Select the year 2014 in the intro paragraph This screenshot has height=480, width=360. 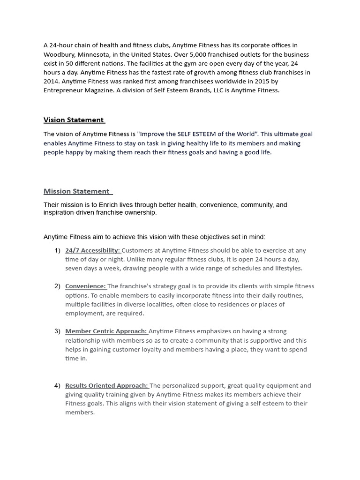[52, 81]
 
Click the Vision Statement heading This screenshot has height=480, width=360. [74, 120]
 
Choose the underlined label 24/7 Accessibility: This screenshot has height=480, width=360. [93, 250]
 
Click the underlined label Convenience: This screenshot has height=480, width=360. [86, 286]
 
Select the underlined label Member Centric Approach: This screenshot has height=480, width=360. [106, 331]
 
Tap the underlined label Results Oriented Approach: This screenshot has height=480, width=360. [107, 385]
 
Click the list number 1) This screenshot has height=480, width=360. [57, 250]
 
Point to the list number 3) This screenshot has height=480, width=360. [57, 331]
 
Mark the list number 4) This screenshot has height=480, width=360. [57, 385]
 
